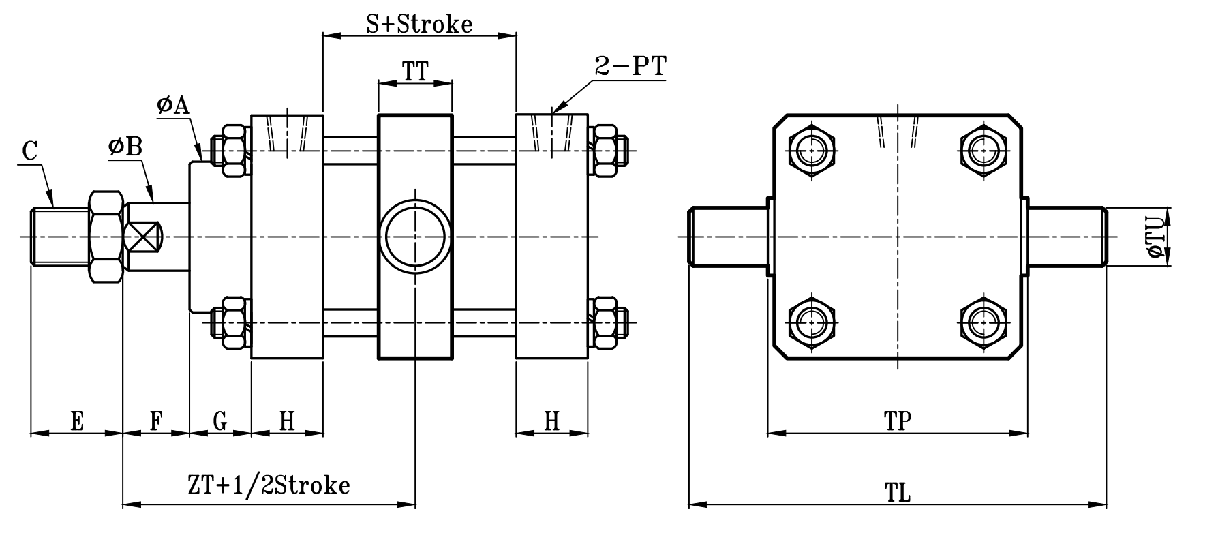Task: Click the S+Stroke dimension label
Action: click(x=418, y=24)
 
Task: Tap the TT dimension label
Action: click(x=414, y=71)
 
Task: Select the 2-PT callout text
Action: click(x=630, y=67)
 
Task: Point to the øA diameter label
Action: click(x=172, y=105)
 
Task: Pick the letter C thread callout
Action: click(x=29, y=151)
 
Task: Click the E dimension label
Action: click(x=76, y=421)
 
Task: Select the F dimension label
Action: click(x=155, y=421)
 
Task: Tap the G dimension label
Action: click(x=219, y=421)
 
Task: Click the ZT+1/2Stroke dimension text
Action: click(x=269, y=485)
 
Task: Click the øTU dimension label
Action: click(x=1155, y=237)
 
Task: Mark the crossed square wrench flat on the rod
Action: click(x=144, y=237)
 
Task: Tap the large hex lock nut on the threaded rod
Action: click(x=106, y=237)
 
